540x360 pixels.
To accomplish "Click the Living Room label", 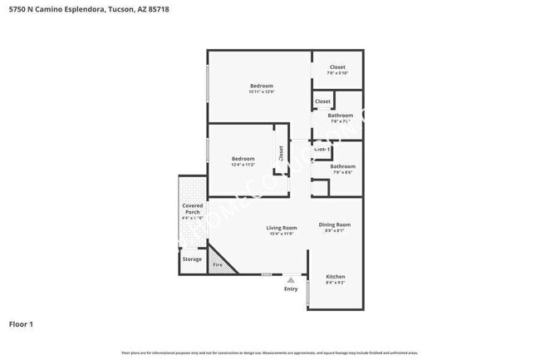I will pos(281,228).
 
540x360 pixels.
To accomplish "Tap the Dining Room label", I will pos(335,224).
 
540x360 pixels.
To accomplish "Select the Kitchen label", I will pos(335,276).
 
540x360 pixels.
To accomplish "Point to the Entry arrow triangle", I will pos(291,280).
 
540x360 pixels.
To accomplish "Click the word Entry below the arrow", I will pos(291,288).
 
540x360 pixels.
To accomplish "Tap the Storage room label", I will pos(192,259).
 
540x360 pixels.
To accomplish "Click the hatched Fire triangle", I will pos(218,264).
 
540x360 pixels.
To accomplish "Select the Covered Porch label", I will pos(192,209).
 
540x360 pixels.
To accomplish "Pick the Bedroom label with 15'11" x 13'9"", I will pos(262,86).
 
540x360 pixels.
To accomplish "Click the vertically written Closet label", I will pos(281,153).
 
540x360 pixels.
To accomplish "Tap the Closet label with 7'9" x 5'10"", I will pos(336,67).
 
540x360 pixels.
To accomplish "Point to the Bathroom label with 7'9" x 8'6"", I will pos(342,166).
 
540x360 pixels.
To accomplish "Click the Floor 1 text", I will pos(21,324).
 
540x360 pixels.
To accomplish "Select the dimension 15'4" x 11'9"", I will pos(281,234).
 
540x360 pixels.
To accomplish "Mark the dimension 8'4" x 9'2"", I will pos(335,283).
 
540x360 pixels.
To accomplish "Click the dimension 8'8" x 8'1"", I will pos(335,231).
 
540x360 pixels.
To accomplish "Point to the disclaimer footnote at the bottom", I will pos(269,353).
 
